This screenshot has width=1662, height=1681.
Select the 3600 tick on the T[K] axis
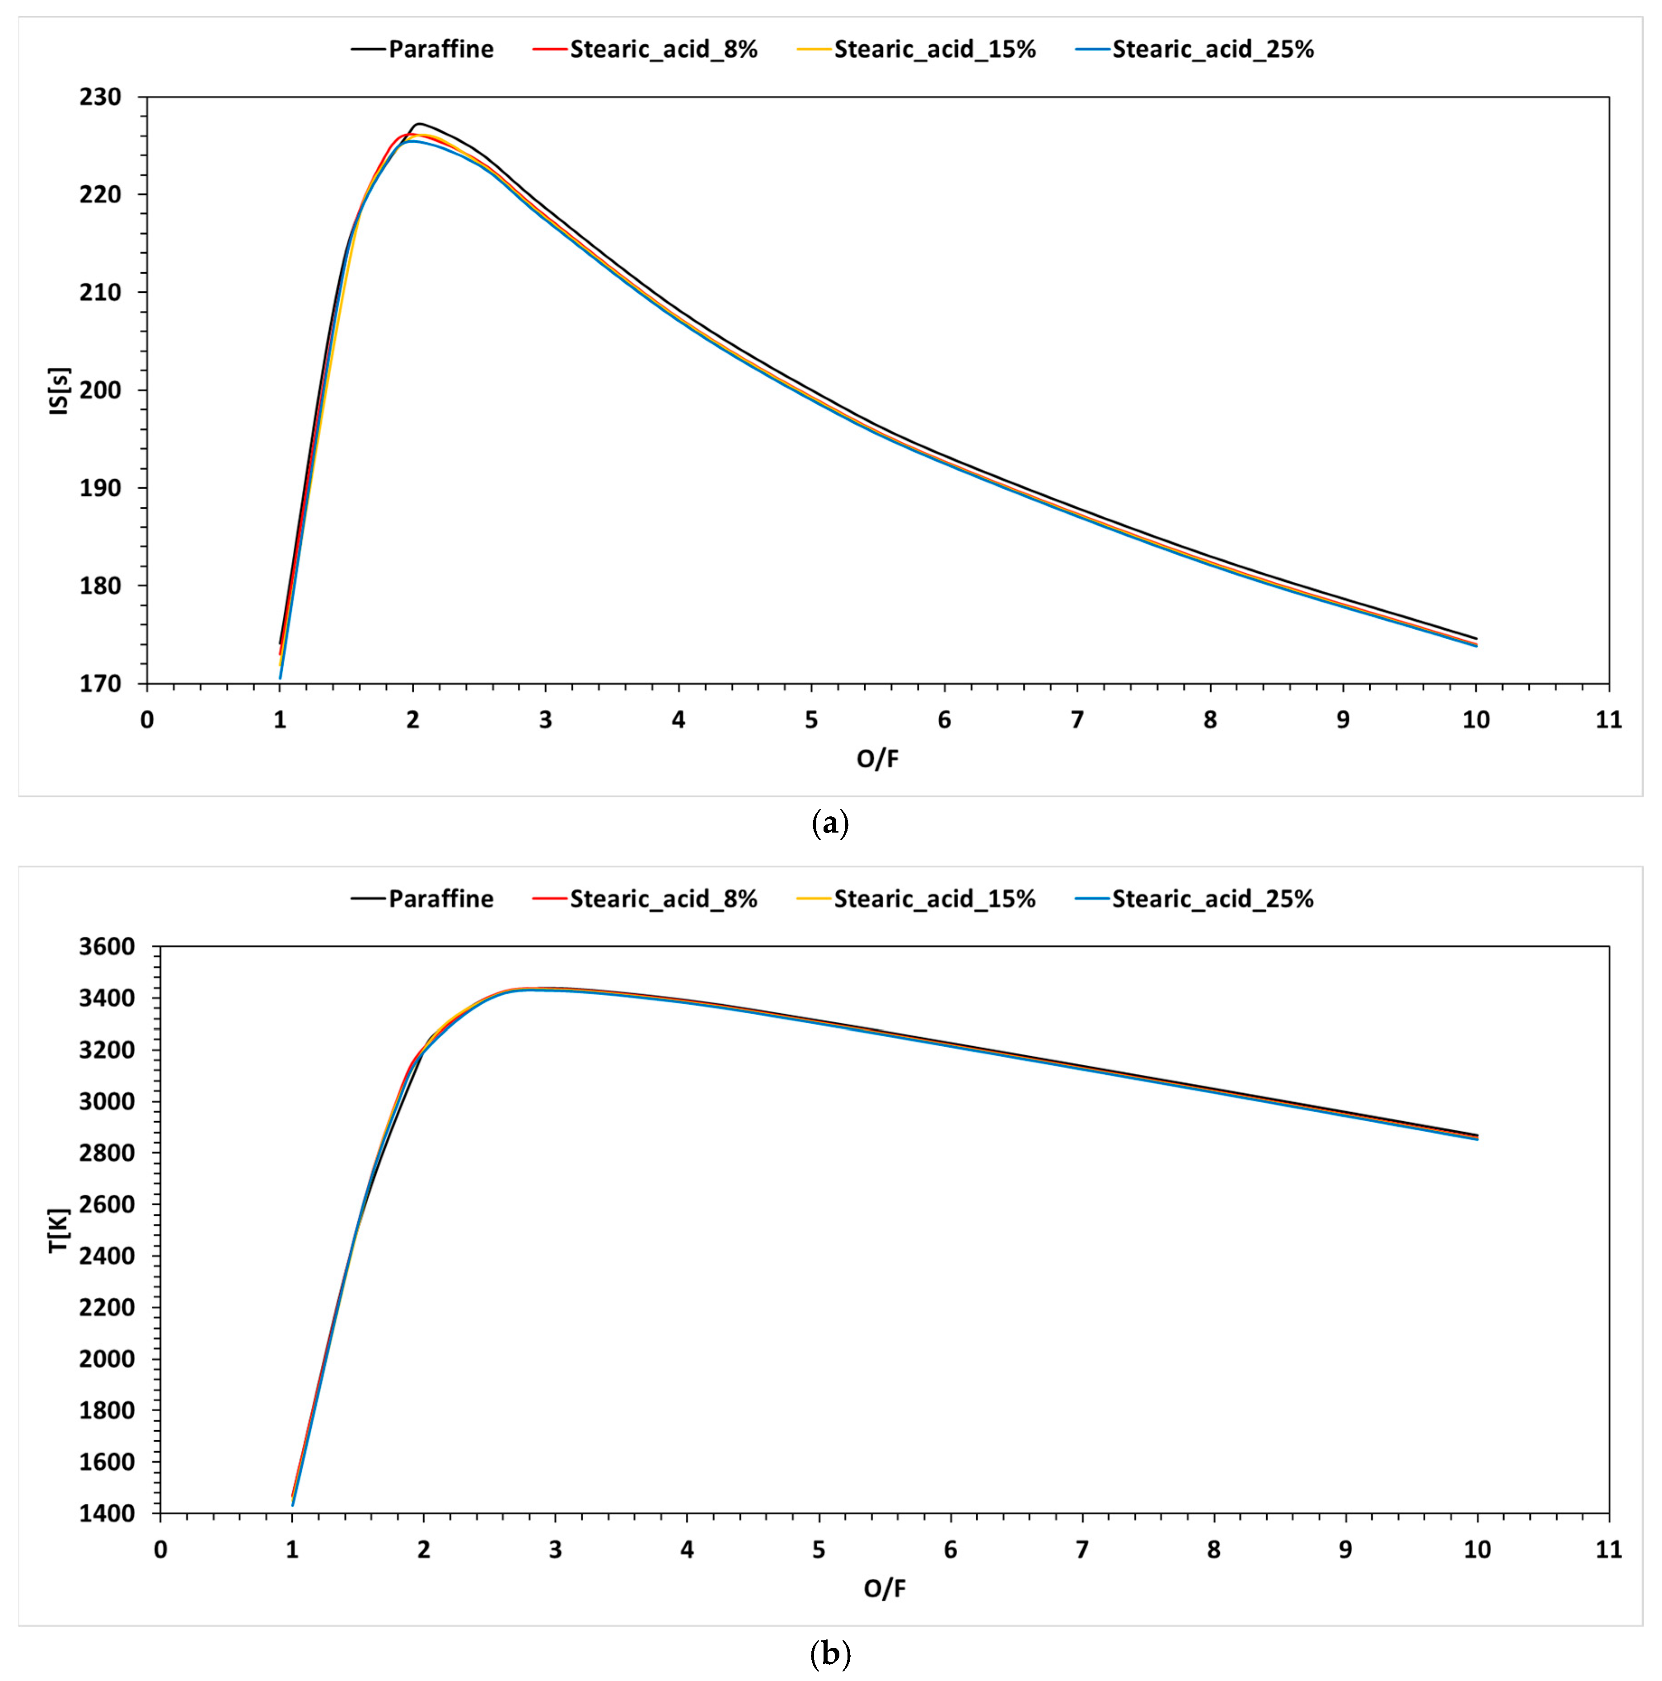(x=107, y=946)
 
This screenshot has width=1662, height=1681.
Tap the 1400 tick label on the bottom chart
(x=107, y=1514)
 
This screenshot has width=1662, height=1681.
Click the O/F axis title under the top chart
(x=877, y=759)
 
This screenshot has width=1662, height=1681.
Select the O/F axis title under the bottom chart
(x=884, y=1589)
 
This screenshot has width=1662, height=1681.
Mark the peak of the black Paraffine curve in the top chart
(x=418, y=123)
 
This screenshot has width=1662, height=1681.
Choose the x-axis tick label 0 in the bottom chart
(x=160, y=1550)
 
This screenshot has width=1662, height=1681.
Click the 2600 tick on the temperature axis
(x=107, y=1204)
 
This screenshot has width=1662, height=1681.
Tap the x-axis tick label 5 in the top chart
(x=811, y=720)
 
